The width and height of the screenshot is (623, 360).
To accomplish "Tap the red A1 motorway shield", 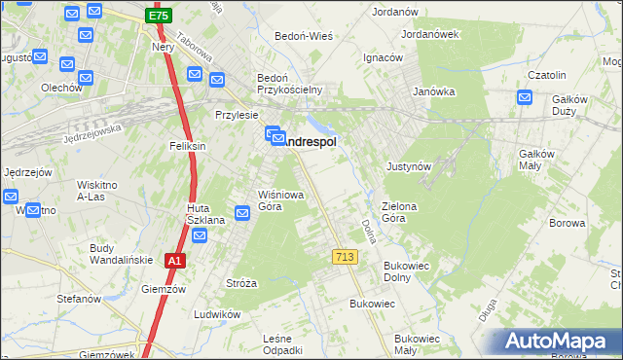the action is (174, 261).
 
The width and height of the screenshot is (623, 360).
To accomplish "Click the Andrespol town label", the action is (310, 142).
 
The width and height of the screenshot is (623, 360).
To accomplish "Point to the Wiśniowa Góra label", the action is (282, 199).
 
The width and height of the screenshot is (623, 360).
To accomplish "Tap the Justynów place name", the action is (409, 166).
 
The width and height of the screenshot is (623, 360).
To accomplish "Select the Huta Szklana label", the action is (206, 214).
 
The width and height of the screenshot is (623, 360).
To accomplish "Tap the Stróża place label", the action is (241, 283).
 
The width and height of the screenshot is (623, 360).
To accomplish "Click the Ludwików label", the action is (216, 314).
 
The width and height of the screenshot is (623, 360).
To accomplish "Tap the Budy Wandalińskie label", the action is (116, 254).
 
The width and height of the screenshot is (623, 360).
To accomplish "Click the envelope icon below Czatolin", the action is (525, 97).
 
